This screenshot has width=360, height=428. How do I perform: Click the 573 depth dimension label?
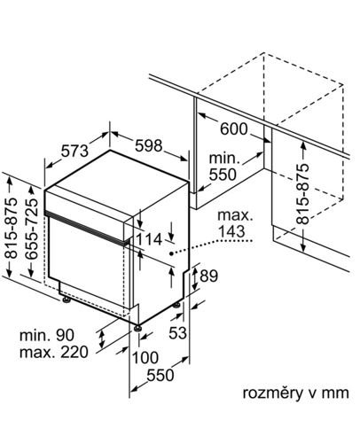point(74,151)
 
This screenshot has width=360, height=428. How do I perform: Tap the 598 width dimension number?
point(149,145)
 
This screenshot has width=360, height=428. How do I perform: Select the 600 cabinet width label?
point(234,129)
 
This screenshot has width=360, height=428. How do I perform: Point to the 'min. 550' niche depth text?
point(223,167)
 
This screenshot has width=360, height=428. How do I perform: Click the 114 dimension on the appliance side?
point(149,239)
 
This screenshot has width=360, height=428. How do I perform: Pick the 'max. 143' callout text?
point(235,223)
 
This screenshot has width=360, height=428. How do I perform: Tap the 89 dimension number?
point(208,276)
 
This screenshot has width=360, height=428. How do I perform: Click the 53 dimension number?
point(177,333)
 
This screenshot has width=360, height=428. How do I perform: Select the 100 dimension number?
point(145,358)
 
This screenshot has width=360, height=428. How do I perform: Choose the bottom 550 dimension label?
point(160,376)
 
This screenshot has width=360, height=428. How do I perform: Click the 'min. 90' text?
point(47,335)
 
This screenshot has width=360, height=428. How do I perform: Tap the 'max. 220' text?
point(54,352)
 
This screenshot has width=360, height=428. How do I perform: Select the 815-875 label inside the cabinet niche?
point(302,194)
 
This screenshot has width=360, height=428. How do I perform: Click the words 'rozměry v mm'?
point(296,393)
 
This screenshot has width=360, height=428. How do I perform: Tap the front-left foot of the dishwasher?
point(67,300)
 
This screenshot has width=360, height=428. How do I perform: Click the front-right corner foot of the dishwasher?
point(138,328)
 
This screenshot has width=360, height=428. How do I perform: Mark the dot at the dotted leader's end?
point(171,253)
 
